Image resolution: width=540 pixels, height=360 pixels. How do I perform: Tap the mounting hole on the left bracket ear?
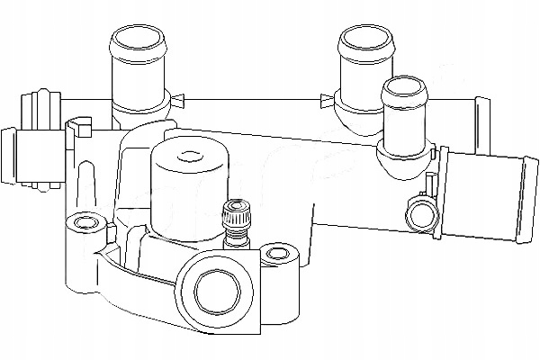click(85, 221)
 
